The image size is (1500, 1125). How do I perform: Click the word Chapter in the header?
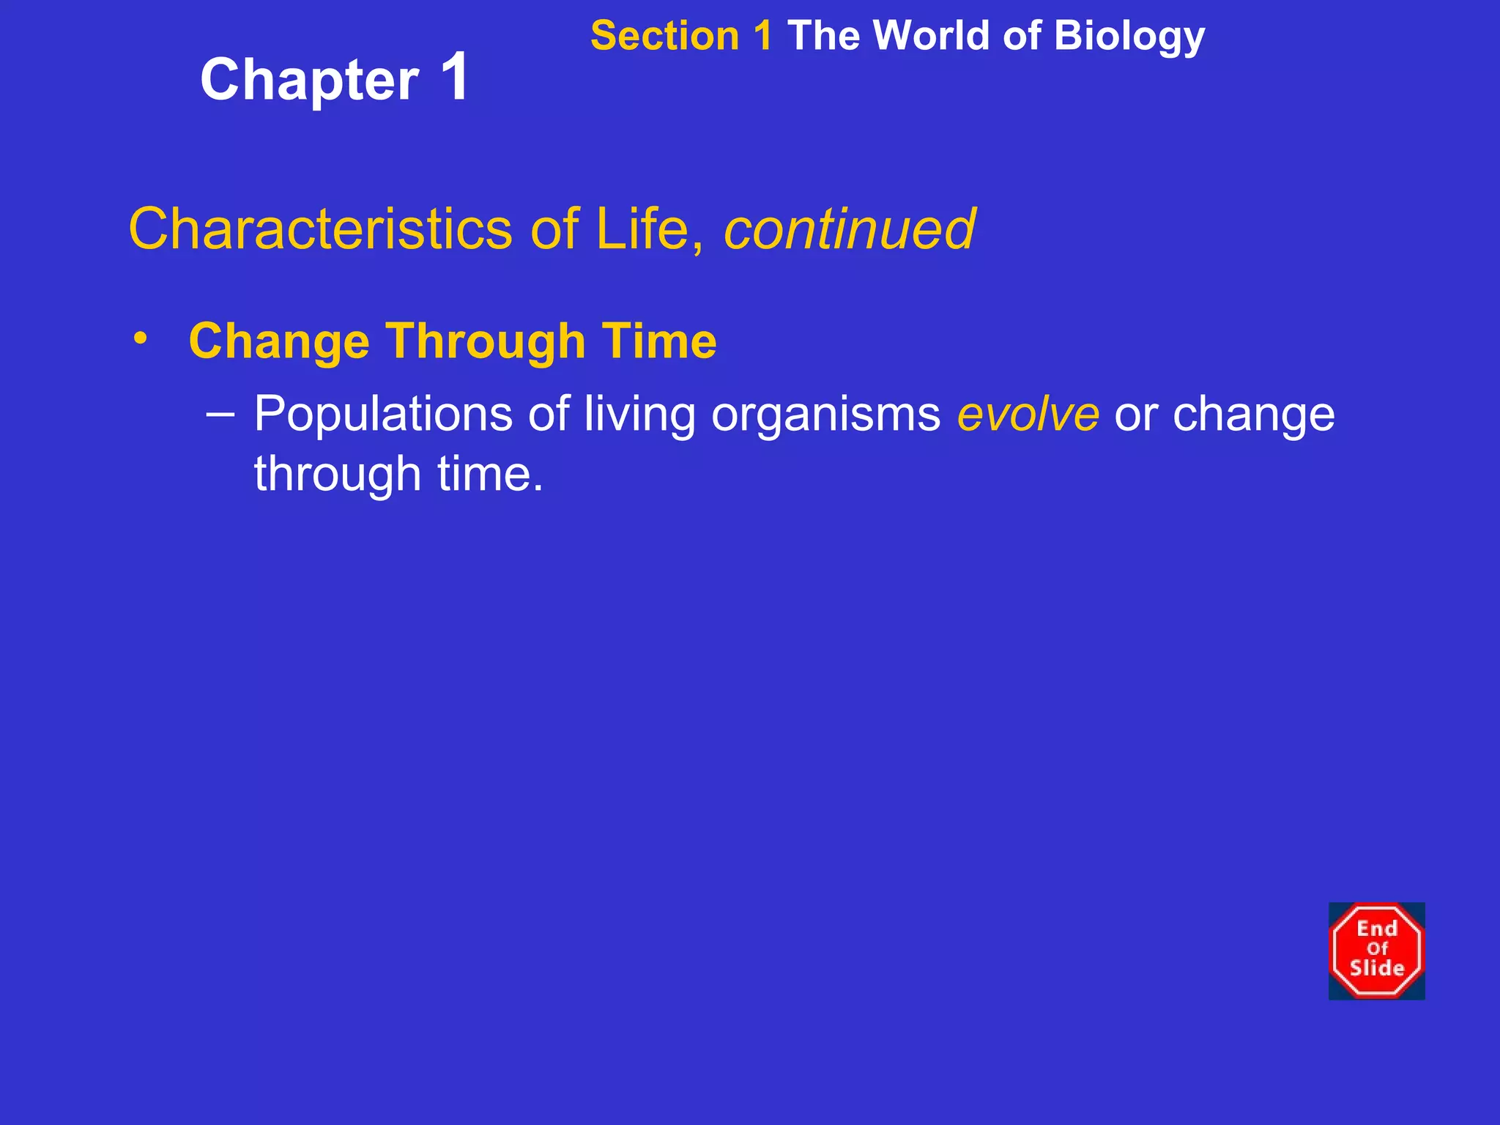(x=309, y=81)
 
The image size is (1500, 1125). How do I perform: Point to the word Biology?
(x=1129, y=37)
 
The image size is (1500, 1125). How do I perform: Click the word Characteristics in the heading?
(x=320, y=229)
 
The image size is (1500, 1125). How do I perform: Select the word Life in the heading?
(x=642, y=229)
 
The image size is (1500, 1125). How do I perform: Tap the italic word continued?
(x=849, y=229)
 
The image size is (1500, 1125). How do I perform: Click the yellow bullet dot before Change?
(x=141, y=338)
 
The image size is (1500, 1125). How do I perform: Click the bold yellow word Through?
(x=486, y=341)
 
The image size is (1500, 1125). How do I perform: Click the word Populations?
(x=382, y=415)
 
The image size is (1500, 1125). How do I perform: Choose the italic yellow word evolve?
(x=1028, y=415)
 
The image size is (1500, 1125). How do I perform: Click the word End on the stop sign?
(x=1377, y=929)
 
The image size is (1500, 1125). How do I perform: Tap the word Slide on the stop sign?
(x=1377, y=968)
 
